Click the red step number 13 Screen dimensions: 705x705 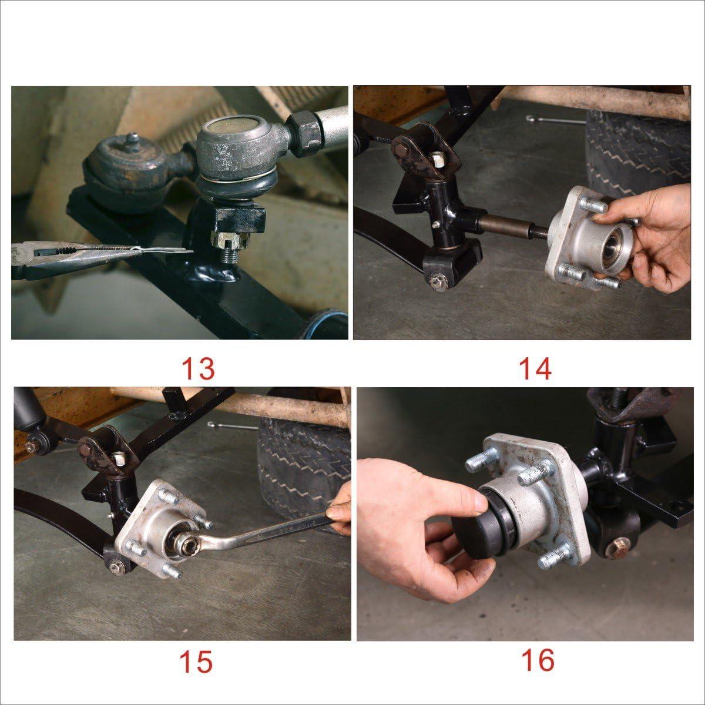click(198, 369)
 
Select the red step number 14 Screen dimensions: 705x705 click(535, 369)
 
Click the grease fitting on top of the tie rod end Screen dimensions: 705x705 click(132, 139)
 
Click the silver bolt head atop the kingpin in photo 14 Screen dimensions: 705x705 click(438, 159)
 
